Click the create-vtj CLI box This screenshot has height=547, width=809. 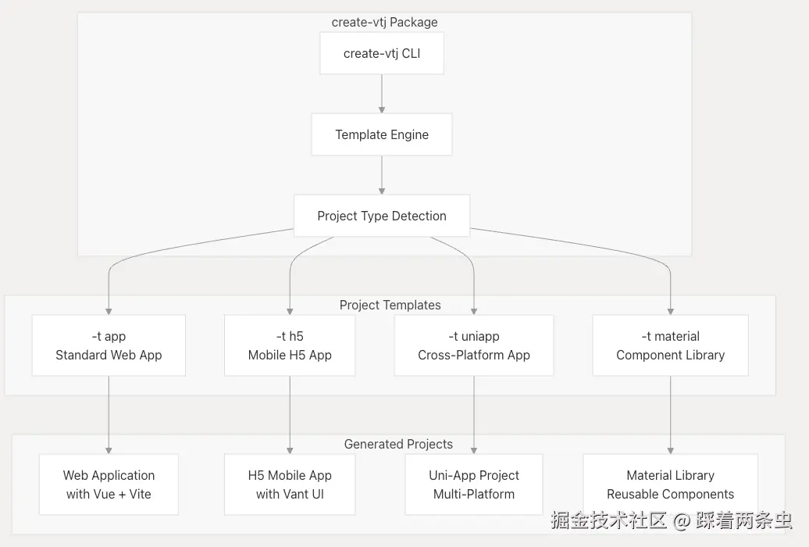[x=382, y=54]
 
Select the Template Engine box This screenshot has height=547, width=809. [x=382, y=134]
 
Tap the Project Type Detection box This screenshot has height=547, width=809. [x=382, y=216]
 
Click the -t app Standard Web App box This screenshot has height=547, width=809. [x=109, y=345]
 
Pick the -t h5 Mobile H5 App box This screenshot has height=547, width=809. [x=290, y=345]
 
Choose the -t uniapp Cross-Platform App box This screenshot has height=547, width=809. [x=474, y=345]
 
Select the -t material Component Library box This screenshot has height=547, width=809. [x=670, y=345]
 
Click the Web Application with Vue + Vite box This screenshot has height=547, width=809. [x=109, y=484]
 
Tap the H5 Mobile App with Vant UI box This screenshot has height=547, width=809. [x=290, y=484]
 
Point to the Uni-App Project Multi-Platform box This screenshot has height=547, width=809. [x=474, y=484]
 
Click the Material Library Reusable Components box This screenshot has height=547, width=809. [x=670, y=484]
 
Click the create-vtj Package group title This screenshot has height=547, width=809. [x=384, y=22]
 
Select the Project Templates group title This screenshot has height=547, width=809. [x=390, y=305]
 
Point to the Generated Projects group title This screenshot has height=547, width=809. [x=398, y=444]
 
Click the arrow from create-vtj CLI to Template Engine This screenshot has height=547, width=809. [x=382, y=94]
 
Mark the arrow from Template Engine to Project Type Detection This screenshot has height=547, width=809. [x=382, y=175]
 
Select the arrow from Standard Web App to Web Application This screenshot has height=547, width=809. [x=109, y=414]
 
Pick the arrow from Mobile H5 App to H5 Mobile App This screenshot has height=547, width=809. [x=290, y=414]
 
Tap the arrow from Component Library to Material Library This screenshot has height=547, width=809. [x=670, y=414]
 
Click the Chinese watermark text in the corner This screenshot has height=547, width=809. [x=671, y=520]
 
